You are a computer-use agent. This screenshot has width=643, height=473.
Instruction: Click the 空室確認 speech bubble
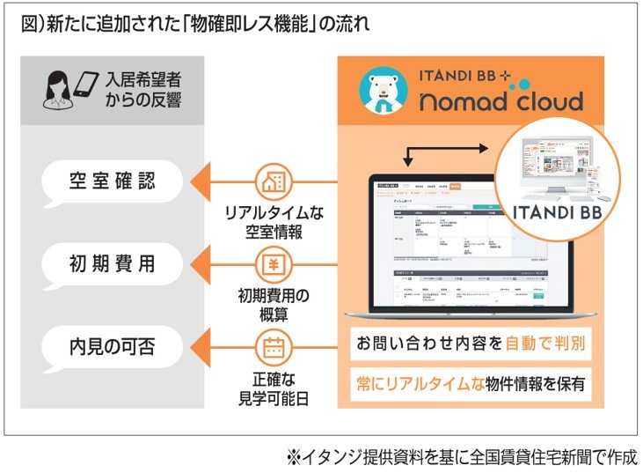(112, 182)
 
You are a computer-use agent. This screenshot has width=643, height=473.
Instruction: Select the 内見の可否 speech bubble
(112, 346)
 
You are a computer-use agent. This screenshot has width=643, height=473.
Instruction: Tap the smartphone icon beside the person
(87, 82)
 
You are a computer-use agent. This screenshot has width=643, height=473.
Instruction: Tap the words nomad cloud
(501, 100)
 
